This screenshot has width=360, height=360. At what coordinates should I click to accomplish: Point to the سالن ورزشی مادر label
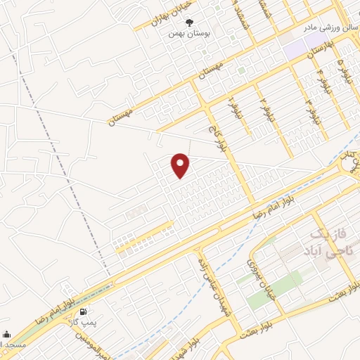[325, 28]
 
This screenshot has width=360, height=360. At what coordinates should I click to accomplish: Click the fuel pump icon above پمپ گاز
[84, 311]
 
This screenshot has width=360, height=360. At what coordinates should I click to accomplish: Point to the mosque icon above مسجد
[6, 335]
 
